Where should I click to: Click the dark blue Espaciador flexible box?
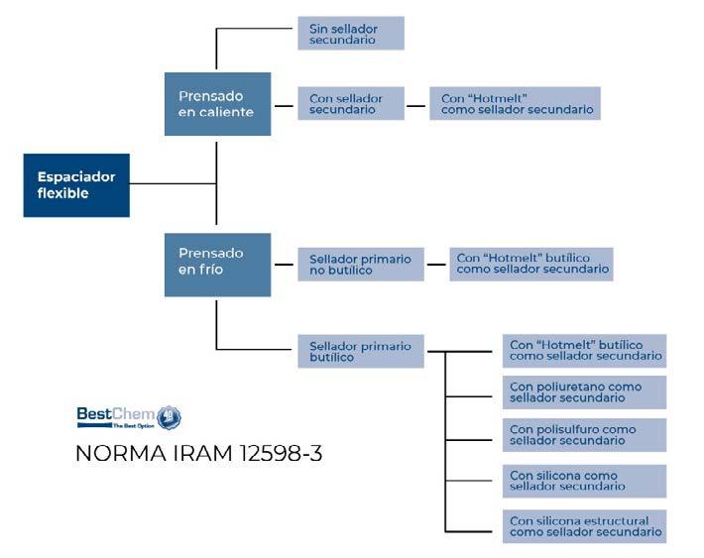pyautogui.click(x=76, y=184)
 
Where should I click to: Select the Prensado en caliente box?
pyautogui.click(x=217, y=104)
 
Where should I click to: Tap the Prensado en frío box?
pyautogui.click(x=217, y=263)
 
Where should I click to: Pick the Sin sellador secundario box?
pyautogui.click(x=350, y=34)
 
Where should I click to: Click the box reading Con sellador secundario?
pyautogui.click(x=350, y=103)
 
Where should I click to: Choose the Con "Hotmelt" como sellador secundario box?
pyautogui.click(x=515, y=103)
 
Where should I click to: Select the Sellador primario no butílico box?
pyautogui.click(x=361, y=265)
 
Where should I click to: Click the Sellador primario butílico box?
pyautogui.click(x=361, y=351)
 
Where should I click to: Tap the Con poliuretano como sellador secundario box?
pyautogui.click(x=584, y=391)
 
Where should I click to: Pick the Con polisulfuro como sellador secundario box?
pyautogui.click(x=584, y=435)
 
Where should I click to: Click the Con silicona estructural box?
pyautogui.click(x=584, y=525)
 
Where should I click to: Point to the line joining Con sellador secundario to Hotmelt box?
pyautogui.click(x=416, y=103)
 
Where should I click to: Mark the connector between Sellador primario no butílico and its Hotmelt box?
pyautogui.click(x=436, y=265)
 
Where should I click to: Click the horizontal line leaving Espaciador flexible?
pyautogui.click(x=173, y=183)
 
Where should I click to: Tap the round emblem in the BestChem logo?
pyautogui.click(x=170, y=416)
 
